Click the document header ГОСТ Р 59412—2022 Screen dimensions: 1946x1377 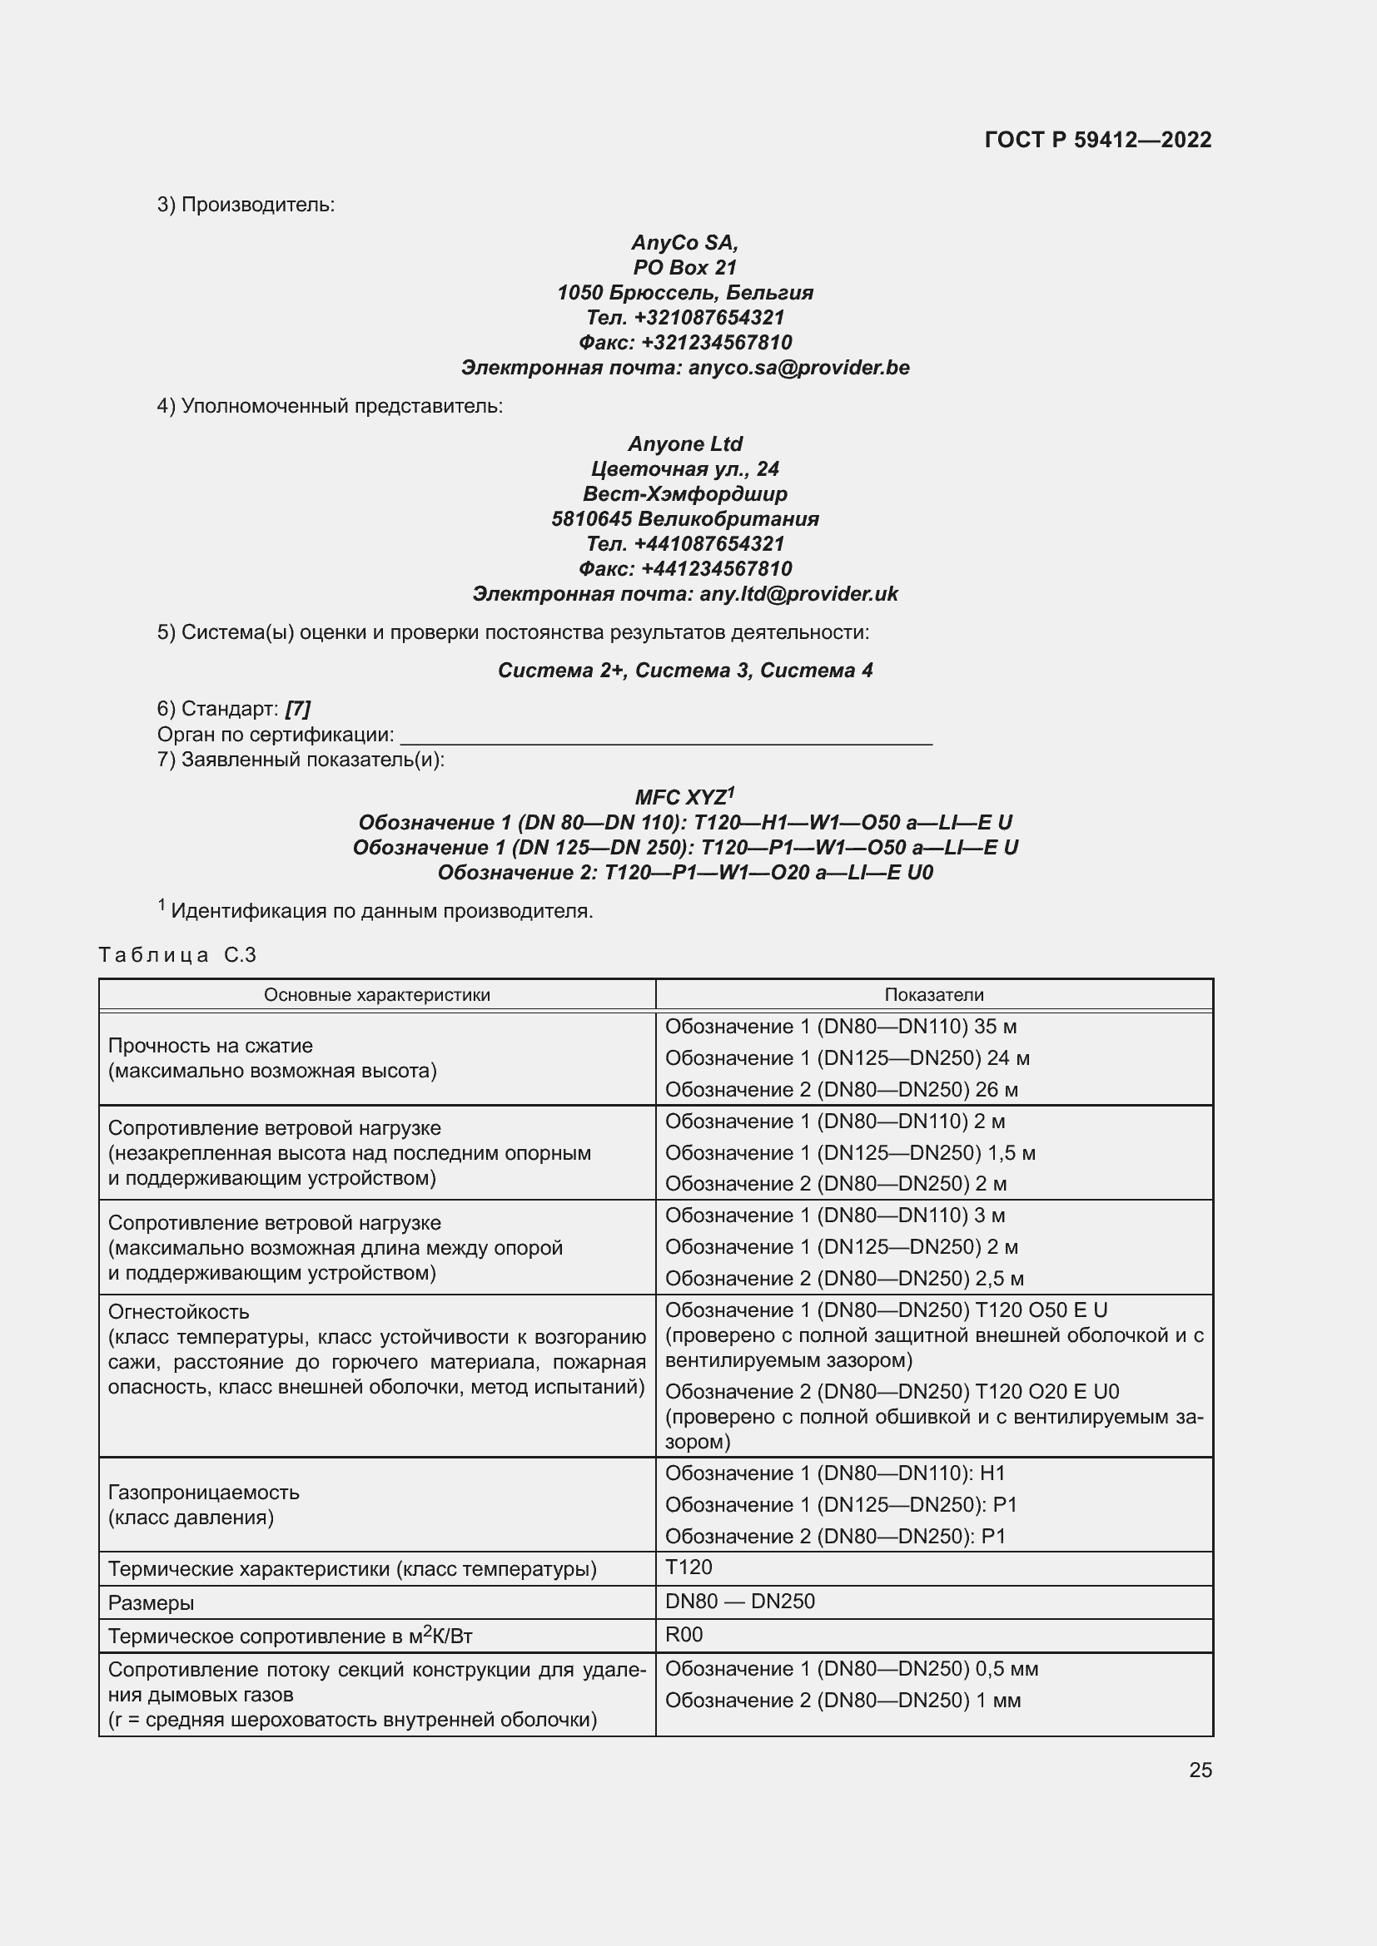(x=1097, y=140)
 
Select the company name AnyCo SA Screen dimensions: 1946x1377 (x=684, y=243)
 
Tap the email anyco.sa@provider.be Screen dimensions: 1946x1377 (x=798, y=368)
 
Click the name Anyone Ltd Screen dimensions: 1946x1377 (x=684, y=444)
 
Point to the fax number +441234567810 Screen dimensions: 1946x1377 (x=716, y=569)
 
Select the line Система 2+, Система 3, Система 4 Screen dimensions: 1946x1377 (x=684, y=671)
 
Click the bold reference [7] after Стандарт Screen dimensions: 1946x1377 (x=297, y=709)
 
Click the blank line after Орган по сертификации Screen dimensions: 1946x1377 (x=666, y=735)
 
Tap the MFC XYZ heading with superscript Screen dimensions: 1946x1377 (x=684, y=798)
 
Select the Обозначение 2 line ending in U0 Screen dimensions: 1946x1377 (x=684, y=873)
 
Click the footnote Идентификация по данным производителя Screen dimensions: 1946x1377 (x=381, y=912)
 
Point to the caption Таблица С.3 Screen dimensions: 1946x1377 (x=177, y=955)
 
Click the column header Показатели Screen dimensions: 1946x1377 (x=933, y=995)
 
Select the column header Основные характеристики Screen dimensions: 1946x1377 (x=376, y=995)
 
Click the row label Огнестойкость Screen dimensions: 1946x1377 (x=179, y=1312)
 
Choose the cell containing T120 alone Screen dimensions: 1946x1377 (x=688, y=1567)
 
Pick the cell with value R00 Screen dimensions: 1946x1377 (x=684, y=1635)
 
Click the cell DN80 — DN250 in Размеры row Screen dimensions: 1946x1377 (x=739, y=1601)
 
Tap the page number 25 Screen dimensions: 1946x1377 (x=1200, y=1770)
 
